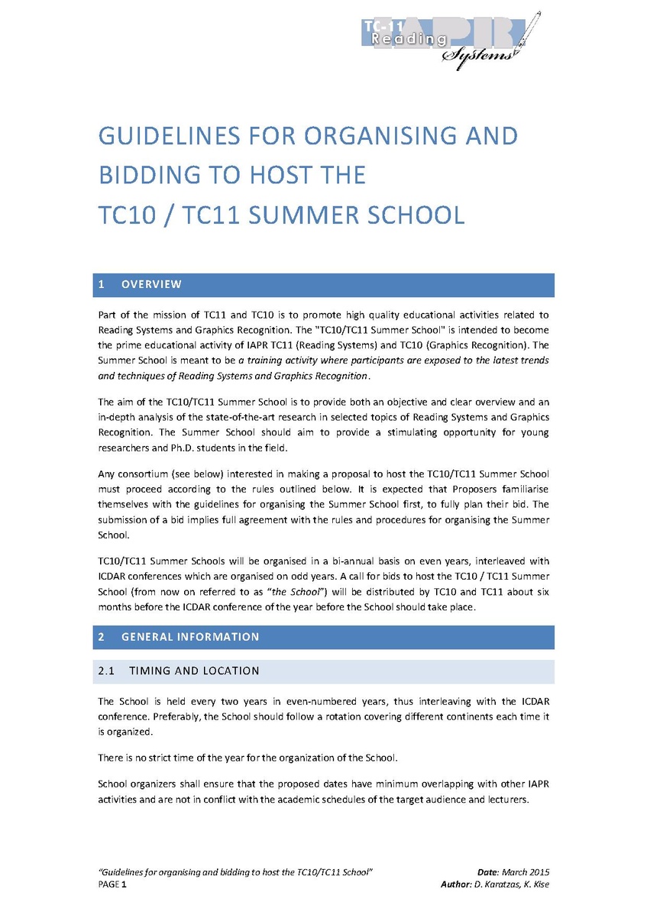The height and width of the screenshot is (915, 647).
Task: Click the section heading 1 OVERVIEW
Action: click(x=141, y=285)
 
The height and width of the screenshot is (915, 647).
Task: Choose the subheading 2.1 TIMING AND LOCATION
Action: click(x=180, y=671)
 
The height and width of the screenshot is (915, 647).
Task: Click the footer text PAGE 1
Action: click(x=113, y=884)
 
